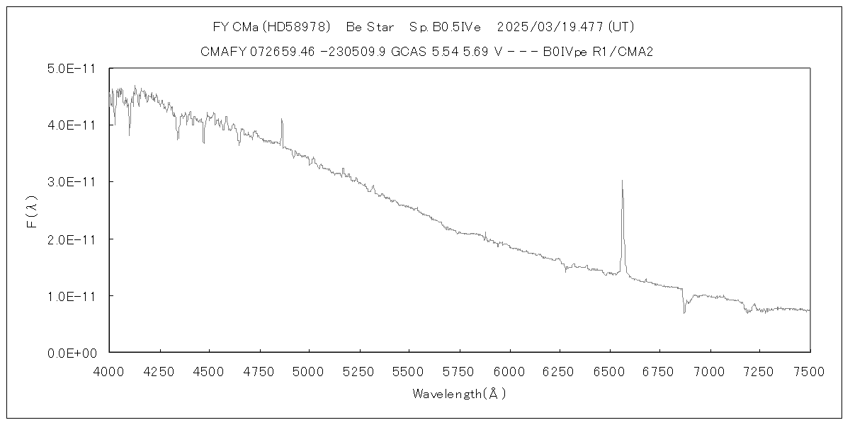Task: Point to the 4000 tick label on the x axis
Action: tap(109, 370)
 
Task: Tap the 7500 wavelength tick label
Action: tap(810, 370)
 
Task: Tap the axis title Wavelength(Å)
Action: tap(459, 394)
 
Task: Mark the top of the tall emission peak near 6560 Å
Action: tap(622, 181)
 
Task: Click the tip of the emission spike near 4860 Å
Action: tap(281, 119)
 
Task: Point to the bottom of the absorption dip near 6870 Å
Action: tap(684, 312)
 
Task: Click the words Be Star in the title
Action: tap(370, 28)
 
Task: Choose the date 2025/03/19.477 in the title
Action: tap(550, 28)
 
